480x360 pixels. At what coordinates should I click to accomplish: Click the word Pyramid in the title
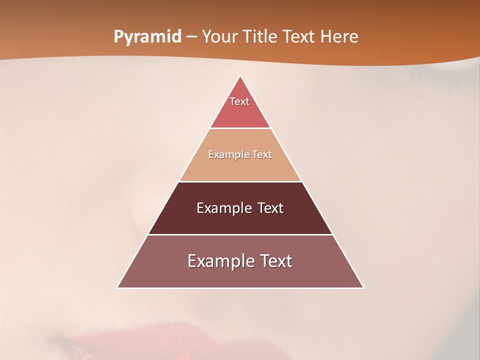click(147, 36)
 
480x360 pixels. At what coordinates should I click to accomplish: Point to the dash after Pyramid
click(191, 37)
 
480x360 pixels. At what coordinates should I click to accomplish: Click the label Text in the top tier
click(239, 101)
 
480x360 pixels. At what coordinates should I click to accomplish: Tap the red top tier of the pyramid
click(240, 115)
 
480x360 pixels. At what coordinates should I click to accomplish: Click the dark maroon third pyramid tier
click(240, 222)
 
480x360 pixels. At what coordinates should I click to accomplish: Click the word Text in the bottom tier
click(274, 261)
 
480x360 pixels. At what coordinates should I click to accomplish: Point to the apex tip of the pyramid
click(240, 76)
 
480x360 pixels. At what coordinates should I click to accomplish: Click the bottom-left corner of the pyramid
click(117, 287)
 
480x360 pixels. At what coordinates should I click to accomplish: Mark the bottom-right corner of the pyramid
click(363, 287)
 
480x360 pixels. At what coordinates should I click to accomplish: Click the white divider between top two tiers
click(240, 128)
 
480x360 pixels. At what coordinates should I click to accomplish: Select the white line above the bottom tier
click(240, 234)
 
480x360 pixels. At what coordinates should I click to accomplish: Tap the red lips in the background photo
click(150, 340)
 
